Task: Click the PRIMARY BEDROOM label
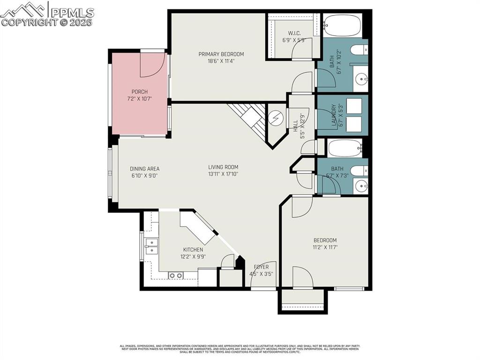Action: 221,54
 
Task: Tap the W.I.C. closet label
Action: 294,33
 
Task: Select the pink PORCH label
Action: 139,92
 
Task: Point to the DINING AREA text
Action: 144,169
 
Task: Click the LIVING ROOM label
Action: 223,167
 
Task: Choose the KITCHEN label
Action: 193,249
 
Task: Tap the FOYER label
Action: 261,267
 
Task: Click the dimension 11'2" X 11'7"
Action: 325,247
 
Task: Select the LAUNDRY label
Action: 334,115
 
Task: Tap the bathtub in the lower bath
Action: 345,149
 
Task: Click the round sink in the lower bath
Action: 361,186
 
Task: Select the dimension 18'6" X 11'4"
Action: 221,60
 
